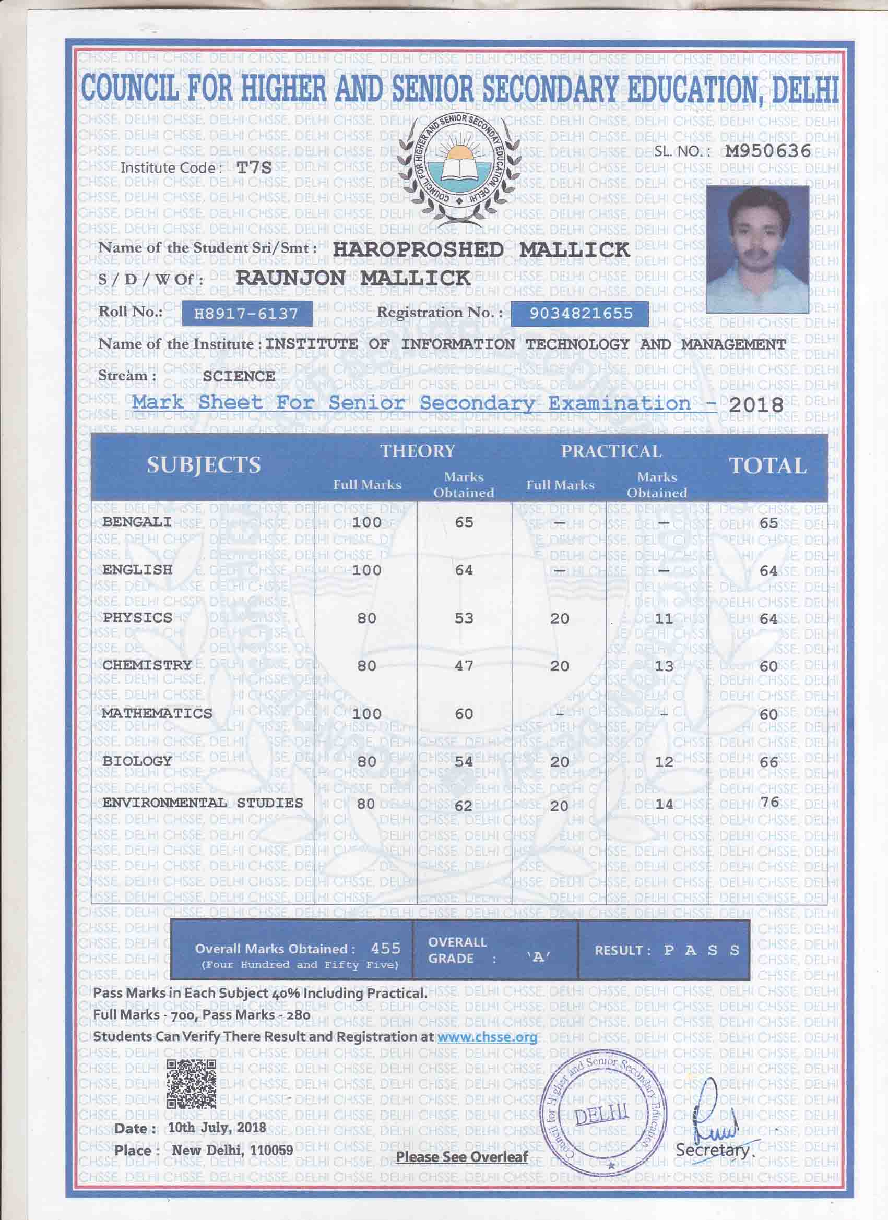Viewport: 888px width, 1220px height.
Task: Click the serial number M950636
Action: [767, 151]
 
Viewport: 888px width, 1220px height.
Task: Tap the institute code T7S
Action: [255, 168]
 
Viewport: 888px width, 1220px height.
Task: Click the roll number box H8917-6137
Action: [246, 314]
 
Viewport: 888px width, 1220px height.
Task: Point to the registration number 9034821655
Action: [580, 314]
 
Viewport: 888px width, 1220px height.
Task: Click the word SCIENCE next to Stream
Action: [239, 376]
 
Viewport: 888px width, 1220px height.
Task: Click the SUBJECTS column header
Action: [204, 465]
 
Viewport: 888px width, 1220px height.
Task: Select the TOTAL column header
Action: [767, 466]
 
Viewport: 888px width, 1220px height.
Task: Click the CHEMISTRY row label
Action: [147, 665]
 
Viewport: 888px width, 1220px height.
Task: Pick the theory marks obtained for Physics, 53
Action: [464, 618]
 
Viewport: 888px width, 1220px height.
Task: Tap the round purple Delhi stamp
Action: [603, 1120]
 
